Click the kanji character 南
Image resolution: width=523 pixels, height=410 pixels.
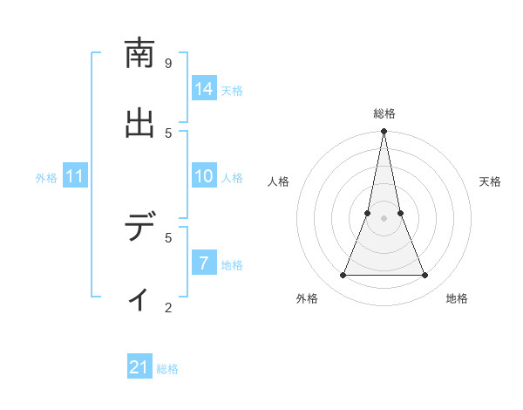[x=139, y=54]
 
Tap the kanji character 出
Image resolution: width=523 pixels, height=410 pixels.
[x=139, y=124]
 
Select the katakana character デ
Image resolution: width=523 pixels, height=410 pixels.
[x=139, y=229]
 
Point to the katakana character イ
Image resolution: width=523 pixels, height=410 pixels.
[x=139, y=298]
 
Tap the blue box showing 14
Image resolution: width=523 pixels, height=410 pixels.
[x=204, y=89]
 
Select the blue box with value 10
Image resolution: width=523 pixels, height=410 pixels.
[x=204, y=176]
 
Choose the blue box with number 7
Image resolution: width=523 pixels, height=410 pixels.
[x=204, y=263]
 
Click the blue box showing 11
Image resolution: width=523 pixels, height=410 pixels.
[x=75, y=177]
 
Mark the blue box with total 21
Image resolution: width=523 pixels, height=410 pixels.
[x=139, y=368]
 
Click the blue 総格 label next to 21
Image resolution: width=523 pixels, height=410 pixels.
[x=167, y=369]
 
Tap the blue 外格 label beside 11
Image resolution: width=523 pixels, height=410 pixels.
[x=46, y=178]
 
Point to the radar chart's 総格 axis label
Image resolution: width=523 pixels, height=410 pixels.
[x=384, y=113]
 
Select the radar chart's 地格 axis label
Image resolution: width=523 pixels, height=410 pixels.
[x=457, y=298]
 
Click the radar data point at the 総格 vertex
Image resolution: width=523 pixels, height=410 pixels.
[x=384, y=132]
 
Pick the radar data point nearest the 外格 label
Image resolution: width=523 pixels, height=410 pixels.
[x=343, y=276]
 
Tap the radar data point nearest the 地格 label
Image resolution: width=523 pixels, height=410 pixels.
[x=425, y=276]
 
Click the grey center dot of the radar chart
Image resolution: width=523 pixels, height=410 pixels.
[x=384, y=218]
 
